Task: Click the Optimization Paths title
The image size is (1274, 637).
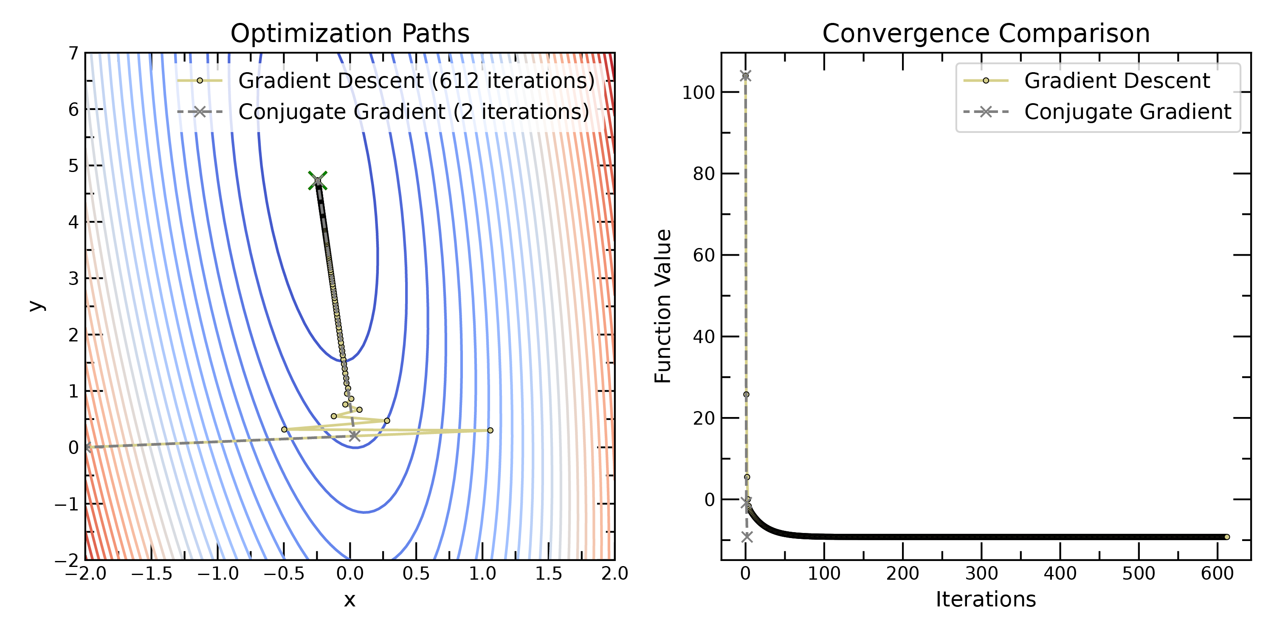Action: pos(350,34)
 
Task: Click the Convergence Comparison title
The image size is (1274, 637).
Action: pos(986,34)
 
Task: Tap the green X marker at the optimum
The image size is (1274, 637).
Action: pos(318,180)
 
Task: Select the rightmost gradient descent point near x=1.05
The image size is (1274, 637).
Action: pos(490,430)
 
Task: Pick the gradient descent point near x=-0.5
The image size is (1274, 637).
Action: pos(284,429)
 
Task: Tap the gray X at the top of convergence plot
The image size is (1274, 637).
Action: pos(745,76)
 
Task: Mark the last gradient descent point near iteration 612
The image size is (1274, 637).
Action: pos(1226,537)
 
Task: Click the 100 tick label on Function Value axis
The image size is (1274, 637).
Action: pos(698,93)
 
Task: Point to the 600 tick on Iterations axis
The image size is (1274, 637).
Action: pos(1217,574)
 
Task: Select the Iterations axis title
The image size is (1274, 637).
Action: pos(986,599)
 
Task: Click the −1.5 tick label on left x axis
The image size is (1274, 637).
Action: pos(151,574)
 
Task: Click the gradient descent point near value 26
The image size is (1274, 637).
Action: pos(746,394)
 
